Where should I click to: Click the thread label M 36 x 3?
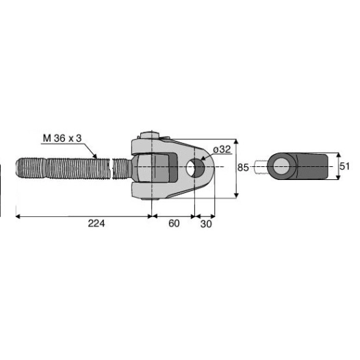pyautogui.click(x=62, y=138)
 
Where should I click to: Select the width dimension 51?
pyautogui.click(x=345, y=166)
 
